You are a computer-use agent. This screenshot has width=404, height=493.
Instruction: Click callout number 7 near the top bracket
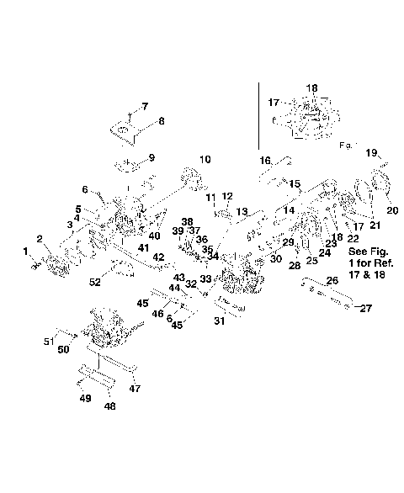tap(145, 106)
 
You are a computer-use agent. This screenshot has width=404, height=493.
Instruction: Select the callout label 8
tap(161, 121)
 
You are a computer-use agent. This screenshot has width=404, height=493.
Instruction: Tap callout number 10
tap(205, 159)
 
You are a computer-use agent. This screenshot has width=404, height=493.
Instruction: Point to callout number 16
tap(264, 160)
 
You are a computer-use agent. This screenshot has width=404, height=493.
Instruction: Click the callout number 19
tap(371, 152)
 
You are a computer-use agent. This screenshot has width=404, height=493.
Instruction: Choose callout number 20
tap(392, 209)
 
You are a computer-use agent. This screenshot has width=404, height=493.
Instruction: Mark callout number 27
tap(366, 309)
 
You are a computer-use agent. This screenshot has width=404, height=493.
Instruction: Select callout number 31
tap(220, 320)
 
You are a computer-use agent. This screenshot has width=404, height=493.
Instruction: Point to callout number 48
tap(109, 406)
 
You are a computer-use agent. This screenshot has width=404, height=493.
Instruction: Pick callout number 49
tap(85, 398)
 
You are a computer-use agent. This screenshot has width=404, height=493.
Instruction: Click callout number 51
tap(48, 341)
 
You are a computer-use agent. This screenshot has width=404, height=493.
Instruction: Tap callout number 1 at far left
tap(25, 251)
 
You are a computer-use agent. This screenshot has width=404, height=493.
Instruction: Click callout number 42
tap(158, 257)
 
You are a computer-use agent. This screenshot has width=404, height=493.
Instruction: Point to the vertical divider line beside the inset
tap(258, 114)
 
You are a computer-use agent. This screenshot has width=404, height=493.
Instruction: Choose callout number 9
tap(151, 157)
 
